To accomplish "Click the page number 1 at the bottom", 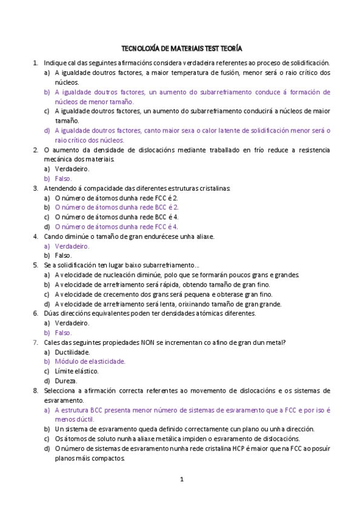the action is (x=181, y=480).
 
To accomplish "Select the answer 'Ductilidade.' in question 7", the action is (x=72, y=351).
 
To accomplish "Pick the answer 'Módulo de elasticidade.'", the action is (x=90, y=361).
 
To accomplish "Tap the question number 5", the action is (x=36, y=265).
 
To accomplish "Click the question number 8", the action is (x=36, y=390).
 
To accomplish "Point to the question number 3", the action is (x=36, y=188).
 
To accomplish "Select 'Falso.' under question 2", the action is (x=63, y=178).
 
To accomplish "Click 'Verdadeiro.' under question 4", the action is (x=72, y=246).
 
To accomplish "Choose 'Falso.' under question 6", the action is (x=63, y=333).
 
